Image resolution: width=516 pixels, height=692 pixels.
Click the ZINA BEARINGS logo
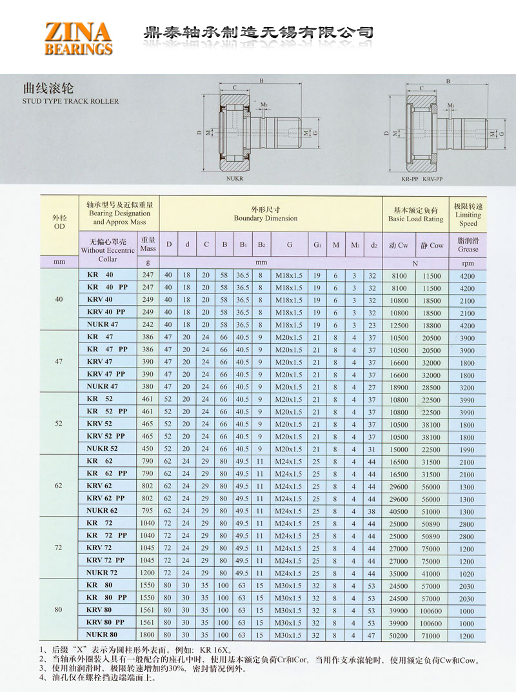point(78,37)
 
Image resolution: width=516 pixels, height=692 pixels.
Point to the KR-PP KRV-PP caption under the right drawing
point(421,177)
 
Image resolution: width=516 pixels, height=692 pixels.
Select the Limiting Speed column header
point(468,215)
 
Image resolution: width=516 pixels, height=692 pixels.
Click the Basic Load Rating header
point(415,215)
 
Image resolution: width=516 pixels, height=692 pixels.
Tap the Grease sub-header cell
point(468,245)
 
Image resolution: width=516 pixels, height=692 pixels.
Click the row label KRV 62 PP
point(106,499)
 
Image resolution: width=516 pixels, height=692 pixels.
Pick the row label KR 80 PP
point(106,598)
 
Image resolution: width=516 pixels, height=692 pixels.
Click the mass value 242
point(148,325)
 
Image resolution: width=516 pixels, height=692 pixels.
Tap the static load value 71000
point(432,636)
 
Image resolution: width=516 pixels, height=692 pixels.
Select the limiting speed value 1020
point(466,573)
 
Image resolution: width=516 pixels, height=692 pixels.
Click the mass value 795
point(148,511)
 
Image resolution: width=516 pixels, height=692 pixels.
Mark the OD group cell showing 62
point(59,486)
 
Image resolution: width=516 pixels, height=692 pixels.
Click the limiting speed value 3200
point(466,387)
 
